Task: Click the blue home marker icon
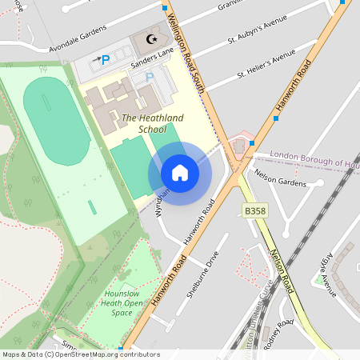(x=180, y=173)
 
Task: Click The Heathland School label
(x=152, y=123)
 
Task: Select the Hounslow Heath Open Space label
(x=122, y=303)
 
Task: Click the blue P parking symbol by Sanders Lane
(x=105, y=59)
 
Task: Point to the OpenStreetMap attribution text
(x=81, y=354)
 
